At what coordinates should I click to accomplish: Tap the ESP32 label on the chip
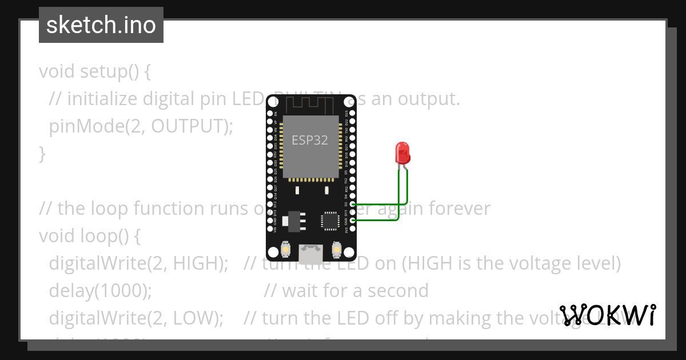(x=310, y=140)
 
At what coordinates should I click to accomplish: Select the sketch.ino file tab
(x=101, y=25)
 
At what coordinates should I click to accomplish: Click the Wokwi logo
(x=608, y=315)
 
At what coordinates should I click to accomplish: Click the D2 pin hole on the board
(x=352, y=204)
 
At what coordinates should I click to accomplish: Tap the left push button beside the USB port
(x=285, y=250)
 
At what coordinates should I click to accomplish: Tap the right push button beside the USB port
(x=336, y=250)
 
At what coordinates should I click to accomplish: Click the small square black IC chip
(x=330, y=221)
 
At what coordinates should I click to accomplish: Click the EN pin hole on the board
(x=270, y=114)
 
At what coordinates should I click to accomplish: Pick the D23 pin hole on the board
(x=352, y=114)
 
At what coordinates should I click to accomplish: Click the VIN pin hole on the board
(x=270, y=229)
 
